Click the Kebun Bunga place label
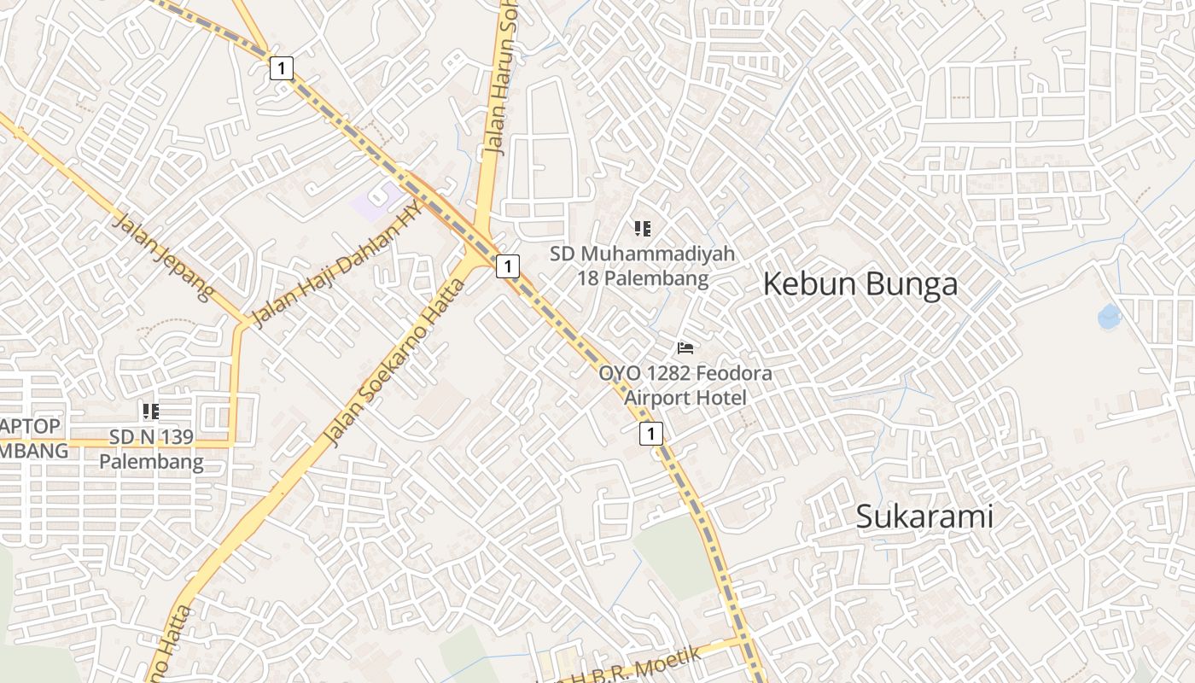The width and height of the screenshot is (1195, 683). point(860,284)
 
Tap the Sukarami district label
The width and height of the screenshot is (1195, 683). point(924,517)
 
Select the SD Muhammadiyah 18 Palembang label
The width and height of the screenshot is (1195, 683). point(642,266)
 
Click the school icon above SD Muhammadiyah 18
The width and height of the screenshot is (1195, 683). point(642,229)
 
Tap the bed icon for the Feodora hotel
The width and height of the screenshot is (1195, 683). point(685,347)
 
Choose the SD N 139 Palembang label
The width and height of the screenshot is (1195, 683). point(151,450)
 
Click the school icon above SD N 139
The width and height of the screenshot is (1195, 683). point(151,412)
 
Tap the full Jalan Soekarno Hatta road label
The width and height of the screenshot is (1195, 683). point(395,363)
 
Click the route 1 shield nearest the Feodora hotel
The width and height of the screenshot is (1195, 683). point(650,434)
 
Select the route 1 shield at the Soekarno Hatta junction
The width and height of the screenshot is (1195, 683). point(508,266)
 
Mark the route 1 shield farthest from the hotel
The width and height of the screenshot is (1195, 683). point(282,68)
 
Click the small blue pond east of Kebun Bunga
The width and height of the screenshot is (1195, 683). point(1110,317)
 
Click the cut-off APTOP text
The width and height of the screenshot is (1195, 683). point(31,426)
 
